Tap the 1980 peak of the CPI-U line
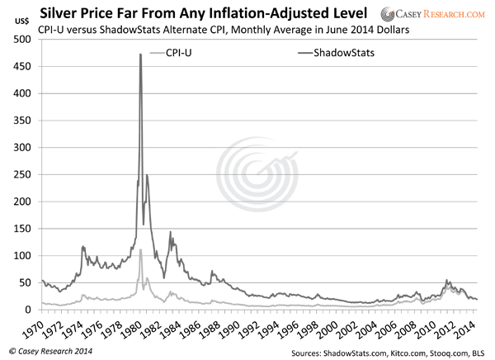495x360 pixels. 140,249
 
